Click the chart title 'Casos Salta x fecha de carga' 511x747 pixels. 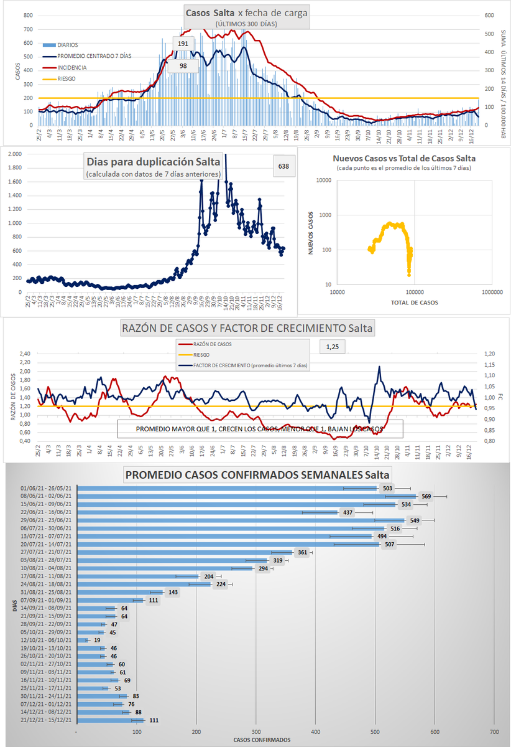click(x=247, y=12)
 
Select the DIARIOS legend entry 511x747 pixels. click(x=67, y=45)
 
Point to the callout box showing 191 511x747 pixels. click(x=183, y=44)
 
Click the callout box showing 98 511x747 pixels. click(x=183, y=66)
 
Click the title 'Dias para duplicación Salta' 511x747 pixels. click(x=153, y=162)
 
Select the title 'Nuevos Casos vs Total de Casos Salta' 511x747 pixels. click(x=403, y=158)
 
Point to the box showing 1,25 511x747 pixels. click(x=333, y=345)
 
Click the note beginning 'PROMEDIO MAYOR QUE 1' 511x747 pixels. click(x=260, y=429)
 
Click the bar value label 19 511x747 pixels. click(x=98, y=640)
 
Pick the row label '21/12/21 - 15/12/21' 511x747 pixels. click(x=46, y=720)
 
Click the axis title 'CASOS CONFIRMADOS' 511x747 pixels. click(x=258, y=740)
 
